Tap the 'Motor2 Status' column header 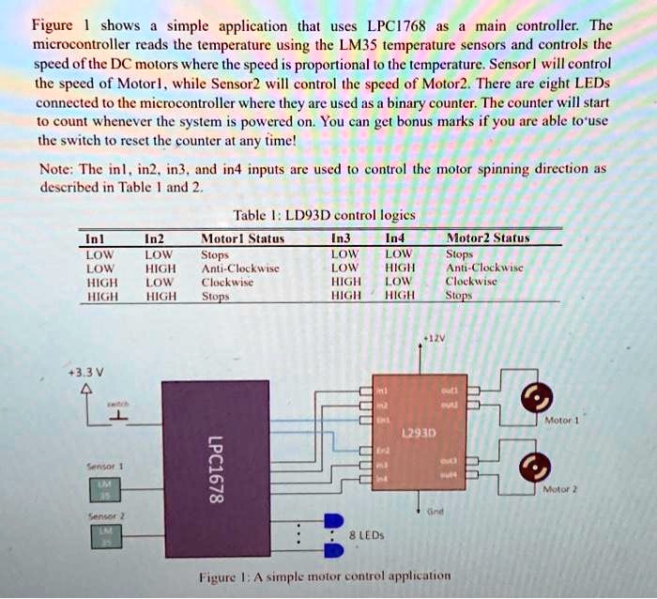[x=488, y=238]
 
